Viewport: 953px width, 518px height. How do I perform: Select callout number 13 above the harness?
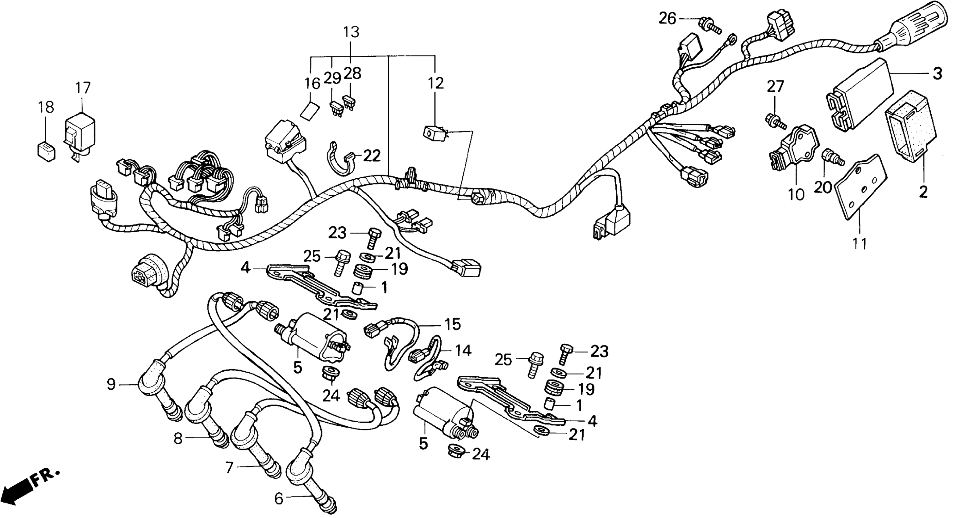coord(351,32)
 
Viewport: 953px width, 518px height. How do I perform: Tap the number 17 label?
coord(83,88)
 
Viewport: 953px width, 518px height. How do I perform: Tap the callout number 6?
coord(278,499)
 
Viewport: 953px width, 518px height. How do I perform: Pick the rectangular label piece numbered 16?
coord(310,111)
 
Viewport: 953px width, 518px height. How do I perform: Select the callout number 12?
coord(436,83)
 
